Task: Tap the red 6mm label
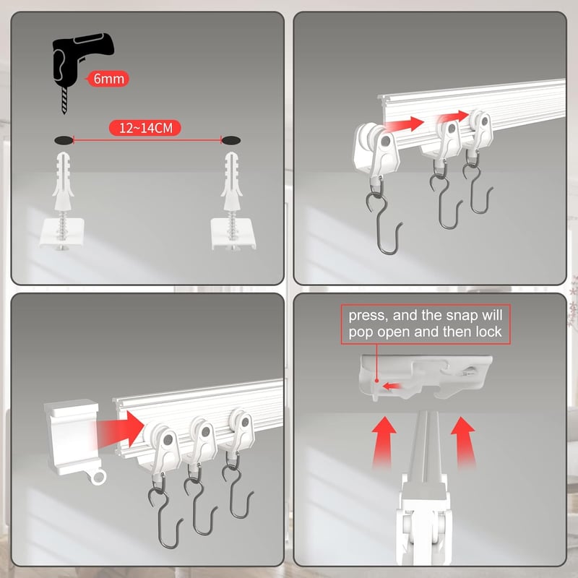point(108,79)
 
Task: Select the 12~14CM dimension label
point(145,128)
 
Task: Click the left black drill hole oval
point(64,140)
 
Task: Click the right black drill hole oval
point(231,140)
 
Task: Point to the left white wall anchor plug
point(63,181)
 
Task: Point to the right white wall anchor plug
point(231,181)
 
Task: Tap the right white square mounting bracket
point(233,233)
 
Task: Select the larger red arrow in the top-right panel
point(404,124)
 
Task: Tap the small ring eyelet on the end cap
point(98,478)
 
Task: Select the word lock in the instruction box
point(488,332)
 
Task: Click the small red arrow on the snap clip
point(391,386)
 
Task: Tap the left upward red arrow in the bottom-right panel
point(383,443)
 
